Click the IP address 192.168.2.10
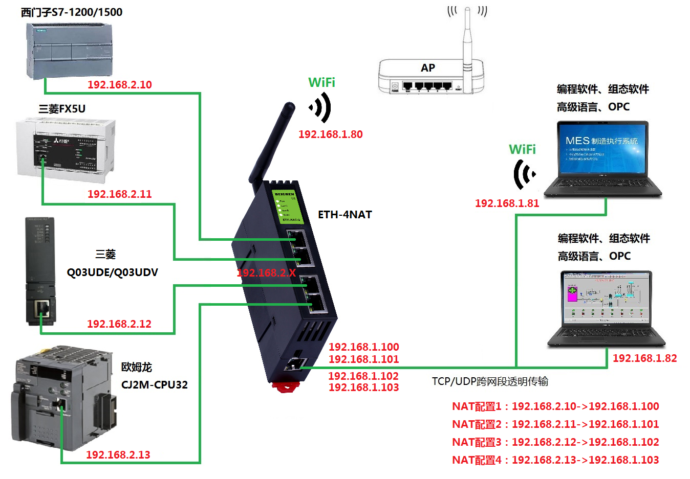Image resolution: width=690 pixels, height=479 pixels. click(x=119, y=85)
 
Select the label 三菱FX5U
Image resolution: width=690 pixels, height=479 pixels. click(x=62, y=109)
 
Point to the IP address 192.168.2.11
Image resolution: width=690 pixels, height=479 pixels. click(x=119, y=194)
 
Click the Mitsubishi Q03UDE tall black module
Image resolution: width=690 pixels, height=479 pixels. click(x=40, y=271)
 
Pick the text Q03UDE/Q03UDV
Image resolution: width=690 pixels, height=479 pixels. click(x=112, y=272)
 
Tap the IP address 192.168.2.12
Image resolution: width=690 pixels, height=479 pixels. click(x=119, y=324)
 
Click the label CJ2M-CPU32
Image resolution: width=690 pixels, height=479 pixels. click(x=154, y=385)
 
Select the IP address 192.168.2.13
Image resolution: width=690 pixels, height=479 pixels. click(x=118, y=455)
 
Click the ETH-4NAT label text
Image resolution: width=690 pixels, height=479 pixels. click(x=344, y=215)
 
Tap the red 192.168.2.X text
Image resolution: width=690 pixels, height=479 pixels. click(x=266, y=273)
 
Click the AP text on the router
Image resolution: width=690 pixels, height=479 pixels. click(x=428, y=68)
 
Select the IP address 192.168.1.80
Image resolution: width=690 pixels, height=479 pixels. click(x=330, y=134)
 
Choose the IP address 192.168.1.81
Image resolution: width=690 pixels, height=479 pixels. click(x=507, y=203)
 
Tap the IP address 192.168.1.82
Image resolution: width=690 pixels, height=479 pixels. click(x=644, y=358)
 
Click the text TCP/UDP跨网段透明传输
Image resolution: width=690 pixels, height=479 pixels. click(x=490, y=381)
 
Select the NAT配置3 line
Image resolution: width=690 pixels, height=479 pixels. click(x=555, y=442)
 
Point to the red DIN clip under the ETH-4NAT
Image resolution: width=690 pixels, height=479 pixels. click(x=286, y=386)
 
